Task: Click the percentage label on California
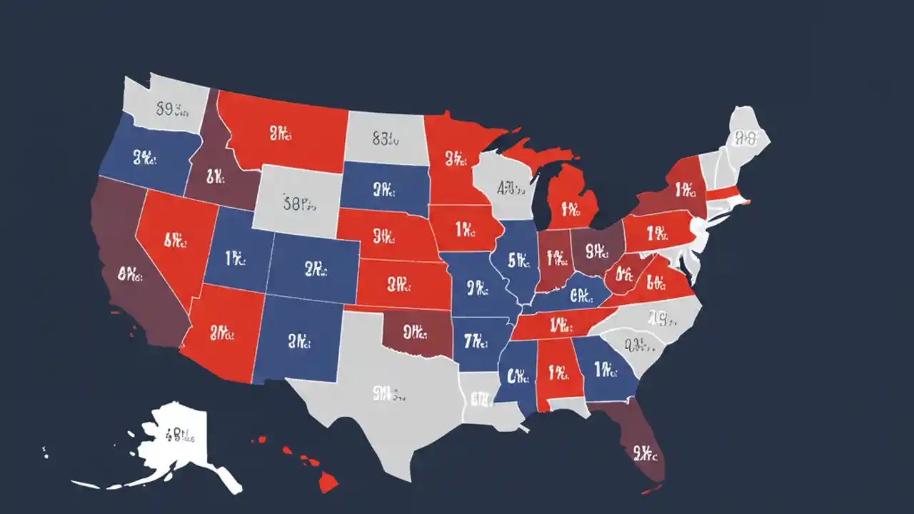(x=131, y=273)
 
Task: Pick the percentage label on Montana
(x=281, y=133)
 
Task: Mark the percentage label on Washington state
(x=171, y=110)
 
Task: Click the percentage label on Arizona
(x=222, y=332)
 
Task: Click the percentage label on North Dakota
(x=385, y=138)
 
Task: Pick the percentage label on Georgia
(x=606, y=369)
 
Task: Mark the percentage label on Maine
(x=745, y=136)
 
